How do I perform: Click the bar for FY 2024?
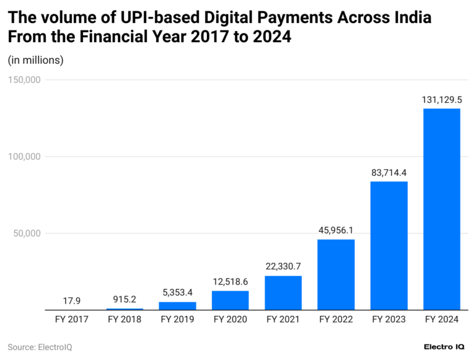[x=441, y=209]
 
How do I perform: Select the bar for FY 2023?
[x=389, y=245]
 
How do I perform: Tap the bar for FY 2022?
[x=336, y=274]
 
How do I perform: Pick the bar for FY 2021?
[x=283, y=292]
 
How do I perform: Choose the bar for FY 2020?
[x=230, y=300]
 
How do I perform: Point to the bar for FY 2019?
[x=177, y=305]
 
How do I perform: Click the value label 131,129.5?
[x=441, y=99]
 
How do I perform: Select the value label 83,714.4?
[x=389, y=172]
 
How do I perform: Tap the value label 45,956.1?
[x=336, y=230]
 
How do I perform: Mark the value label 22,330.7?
[x=283, y=266]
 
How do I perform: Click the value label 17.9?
[x=72, y=301]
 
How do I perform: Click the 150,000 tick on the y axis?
[x=24, y=80]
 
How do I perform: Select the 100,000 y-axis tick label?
[x=24, y=157]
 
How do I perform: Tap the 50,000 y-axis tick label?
[x=26, y=234]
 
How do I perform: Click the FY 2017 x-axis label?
[x=72, y=320]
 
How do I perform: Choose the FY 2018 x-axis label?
[x=125, y=320]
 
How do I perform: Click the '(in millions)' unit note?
[x=35, y=60]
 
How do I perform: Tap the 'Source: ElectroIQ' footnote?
[x=40, y=347]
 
